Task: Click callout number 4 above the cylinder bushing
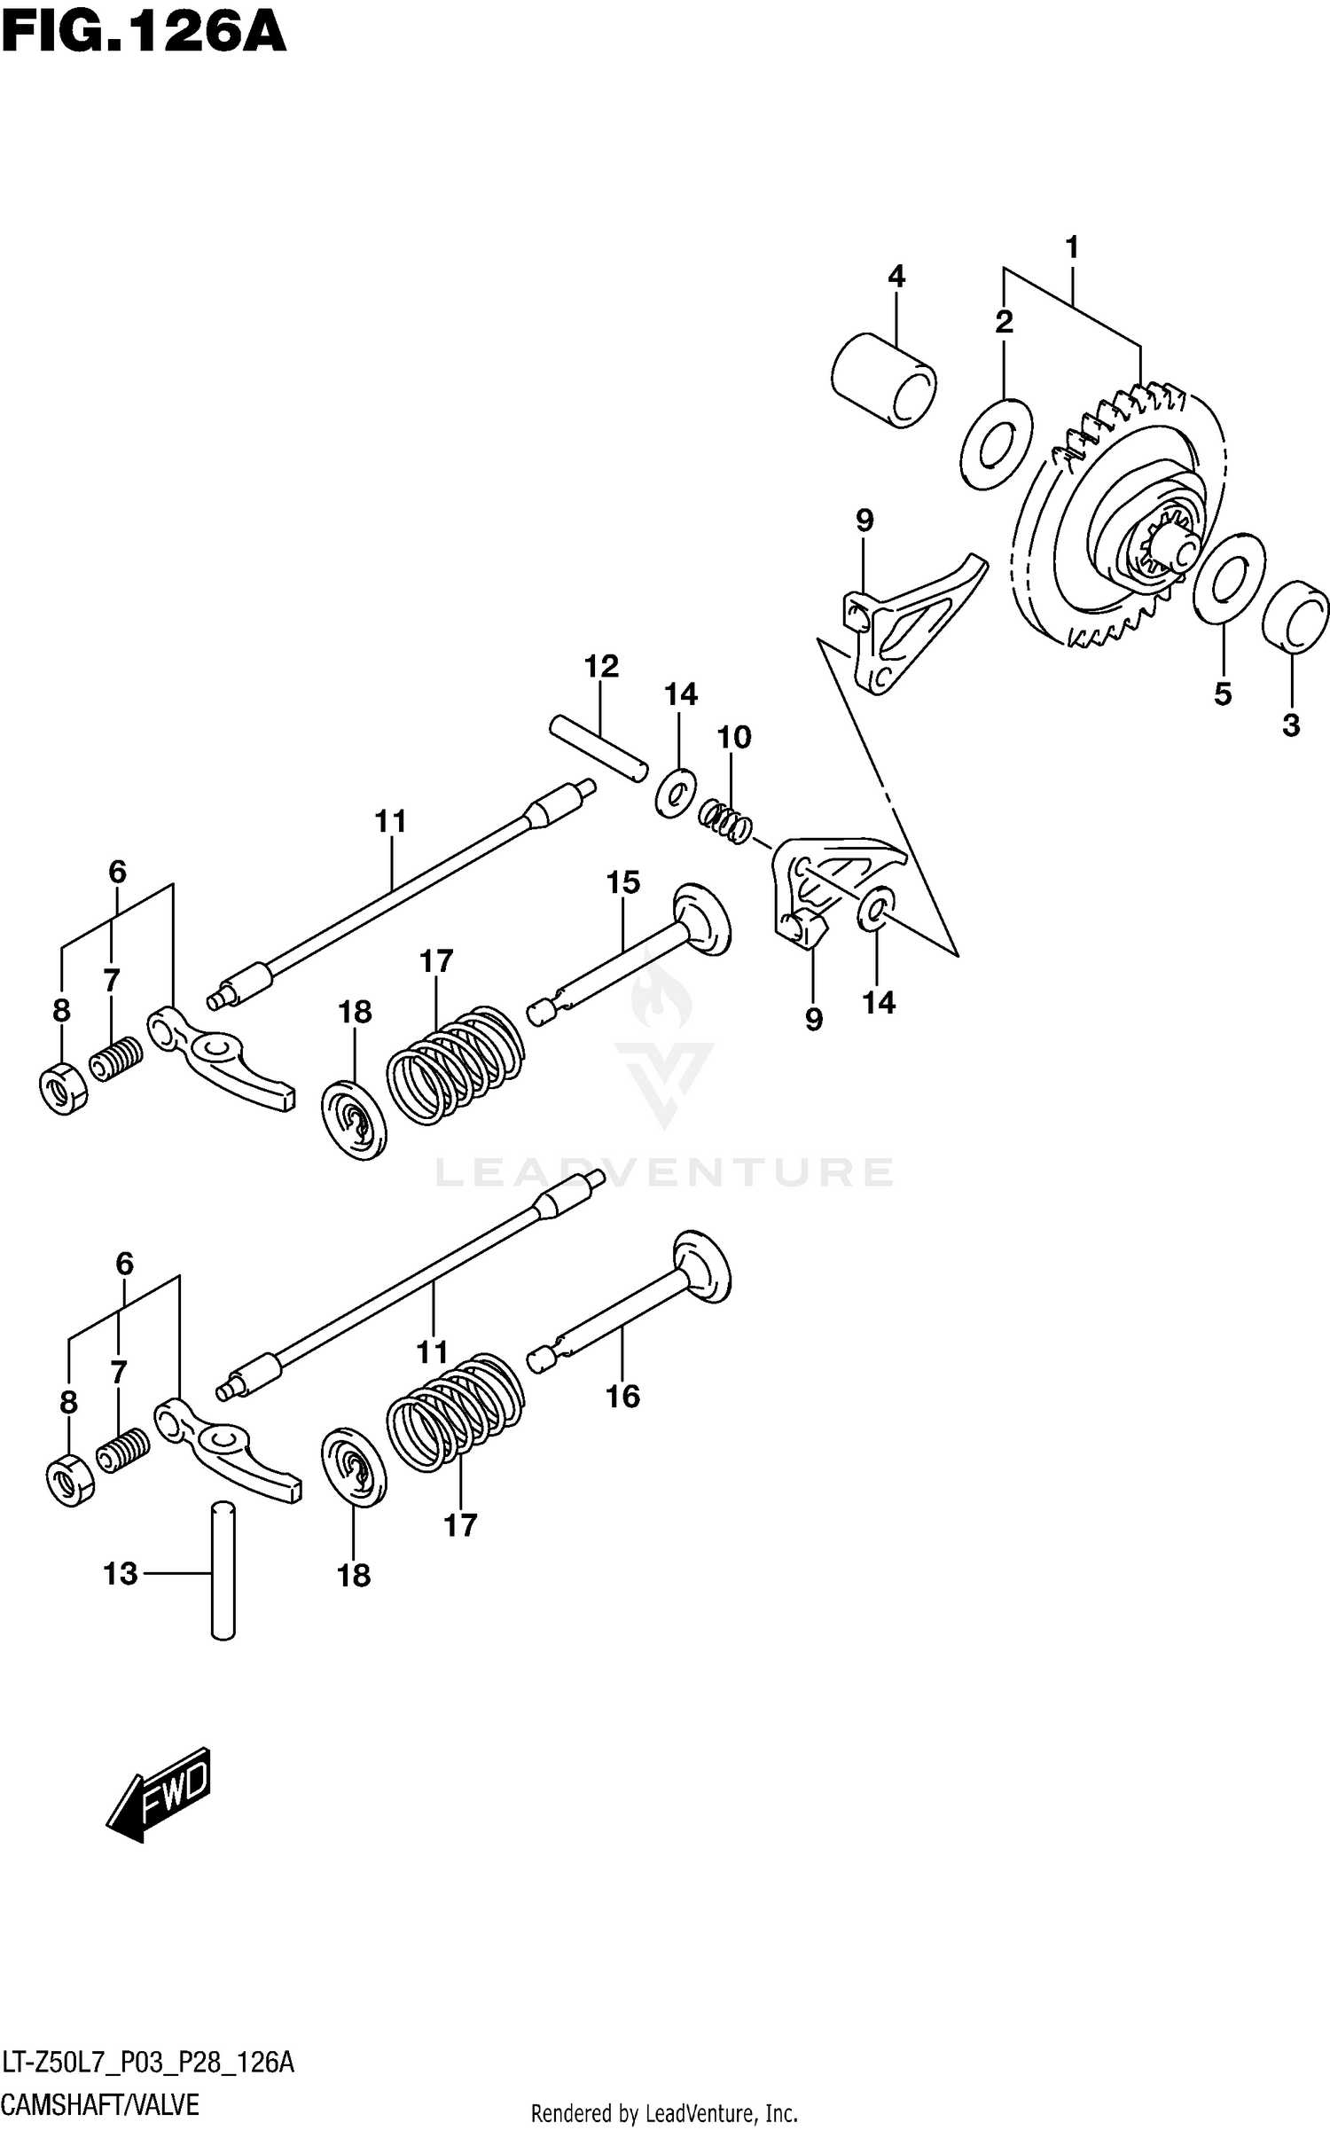896,277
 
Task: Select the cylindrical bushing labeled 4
884,380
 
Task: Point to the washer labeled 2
997,443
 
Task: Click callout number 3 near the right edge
1291,724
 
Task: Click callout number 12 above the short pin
601,666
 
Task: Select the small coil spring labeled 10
726,819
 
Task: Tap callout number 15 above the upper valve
622,882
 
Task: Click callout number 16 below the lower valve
622,1397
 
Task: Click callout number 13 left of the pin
121,1574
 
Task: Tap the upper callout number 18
355,1012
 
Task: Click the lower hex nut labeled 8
69,1480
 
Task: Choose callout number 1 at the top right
1072,247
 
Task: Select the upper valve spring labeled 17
456,1064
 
